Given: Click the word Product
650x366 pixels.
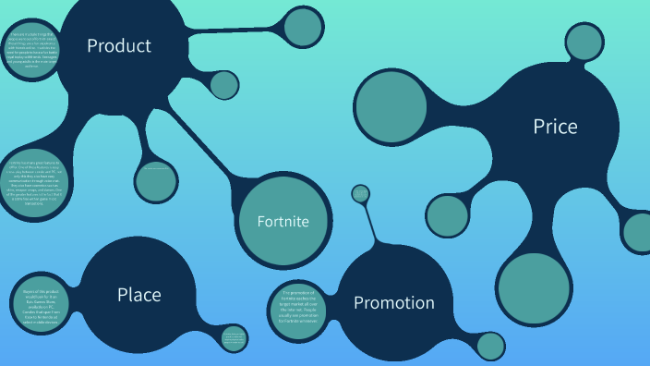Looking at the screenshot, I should [x=119, y=45].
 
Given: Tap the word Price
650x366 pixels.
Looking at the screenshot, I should [x=555, y=127].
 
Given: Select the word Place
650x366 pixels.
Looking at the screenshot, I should [x=138, y=295].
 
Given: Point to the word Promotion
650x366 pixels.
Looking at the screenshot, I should [x=393, y=302].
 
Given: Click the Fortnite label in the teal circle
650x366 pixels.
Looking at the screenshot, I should [x=283, y=221].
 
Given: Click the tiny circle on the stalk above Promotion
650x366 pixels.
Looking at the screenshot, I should [x=360, y=194].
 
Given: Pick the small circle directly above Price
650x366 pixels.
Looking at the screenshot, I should [x=584, y=42].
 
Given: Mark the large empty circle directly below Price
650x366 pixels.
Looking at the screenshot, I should [x=534, y=288].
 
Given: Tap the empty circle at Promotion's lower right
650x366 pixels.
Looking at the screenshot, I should [x=491, y=345].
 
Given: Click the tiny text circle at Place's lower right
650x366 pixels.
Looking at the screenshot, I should [x=235, y=337].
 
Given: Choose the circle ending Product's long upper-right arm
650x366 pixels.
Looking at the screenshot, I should [x=304, y=25].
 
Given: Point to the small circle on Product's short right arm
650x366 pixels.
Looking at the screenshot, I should [x=224, y=85].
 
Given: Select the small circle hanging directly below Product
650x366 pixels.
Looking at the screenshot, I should [x=156, y=181].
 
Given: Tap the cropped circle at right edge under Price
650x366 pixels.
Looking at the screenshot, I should [x=639, y=232].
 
